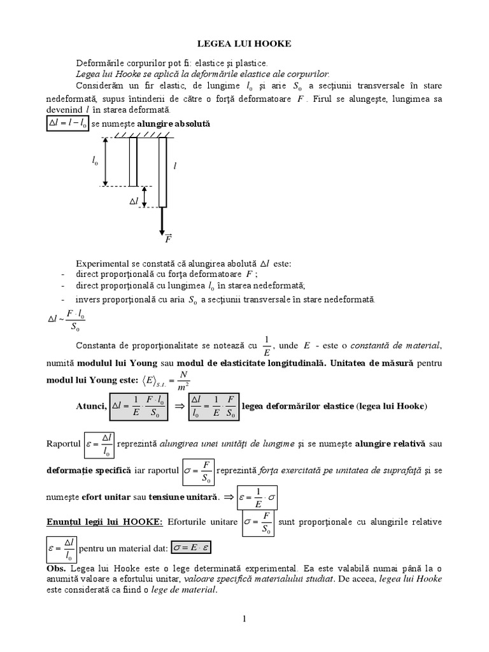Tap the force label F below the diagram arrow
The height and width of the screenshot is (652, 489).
(x=167, y=240)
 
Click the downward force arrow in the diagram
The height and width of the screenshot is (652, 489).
(x=162, y=220)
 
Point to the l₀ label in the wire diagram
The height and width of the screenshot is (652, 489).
(x=95, y=162)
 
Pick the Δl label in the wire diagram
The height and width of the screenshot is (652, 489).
(x=134, y=201)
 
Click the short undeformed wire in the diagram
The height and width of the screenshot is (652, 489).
(x=133, y=162)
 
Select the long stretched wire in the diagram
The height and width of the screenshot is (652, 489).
(x=162, y=172)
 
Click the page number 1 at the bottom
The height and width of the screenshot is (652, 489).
(x=244, y=618)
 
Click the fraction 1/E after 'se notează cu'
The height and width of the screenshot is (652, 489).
(x=267, y=345)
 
